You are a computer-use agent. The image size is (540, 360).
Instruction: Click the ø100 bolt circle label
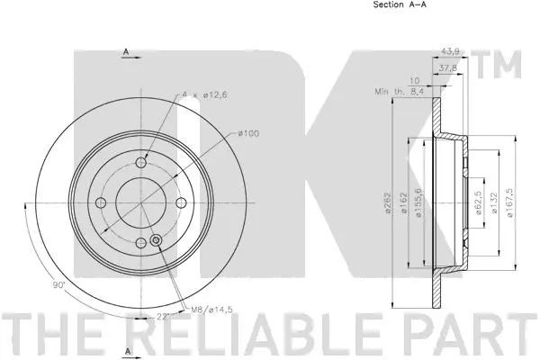pos(250,134)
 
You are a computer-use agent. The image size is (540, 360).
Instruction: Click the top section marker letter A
pos(125,52)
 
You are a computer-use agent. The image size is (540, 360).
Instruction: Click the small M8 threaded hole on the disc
pos(157,240)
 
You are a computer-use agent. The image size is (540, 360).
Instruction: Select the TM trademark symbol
pos(504,64)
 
